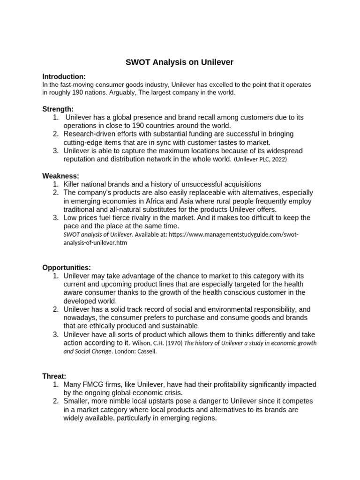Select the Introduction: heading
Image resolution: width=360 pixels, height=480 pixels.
pyautogui.click(x=64, y=76)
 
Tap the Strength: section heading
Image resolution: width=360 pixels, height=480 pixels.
pyautogui.click(x=58, y=109)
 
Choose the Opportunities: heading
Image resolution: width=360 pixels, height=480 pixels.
pyautogui.click(x=67, y=267)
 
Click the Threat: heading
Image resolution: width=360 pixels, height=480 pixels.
pyautogui.click(x=54, y=376)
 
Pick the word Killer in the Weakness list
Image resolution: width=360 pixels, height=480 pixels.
pyautogui.click(x=73, y=184)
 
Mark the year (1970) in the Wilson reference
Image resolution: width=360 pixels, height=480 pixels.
pyautogui.click(x=173, y=343)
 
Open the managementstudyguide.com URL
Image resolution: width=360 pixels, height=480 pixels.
pyautogui.click(x=233, y=234)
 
